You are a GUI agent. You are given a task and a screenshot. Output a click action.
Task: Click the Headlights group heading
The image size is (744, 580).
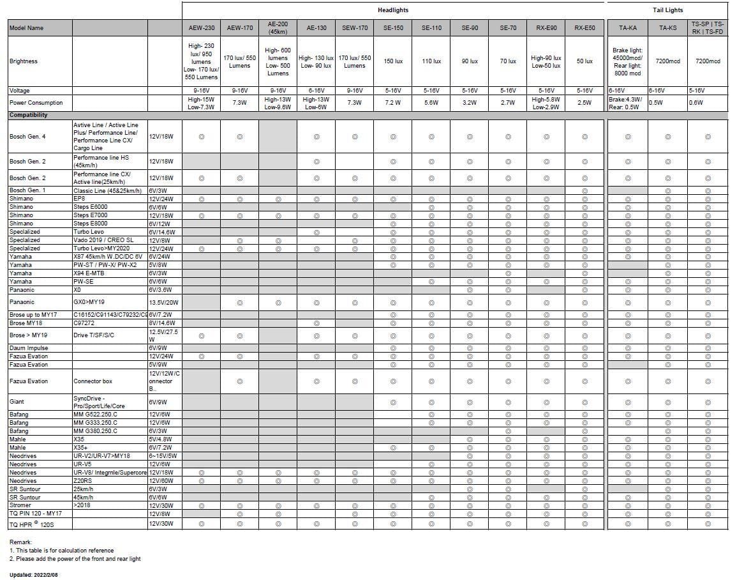(x=392, y=10)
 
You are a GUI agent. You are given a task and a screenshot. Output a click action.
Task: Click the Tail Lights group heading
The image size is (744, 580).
(x=667, y=10)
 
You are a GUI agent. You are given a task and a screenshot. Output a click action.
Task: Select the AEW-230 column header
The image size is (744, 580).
(x=201, y=28)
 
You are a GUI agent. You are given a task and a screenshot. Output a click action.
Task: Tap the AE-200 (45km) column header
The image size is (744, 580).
(x=278, y=28)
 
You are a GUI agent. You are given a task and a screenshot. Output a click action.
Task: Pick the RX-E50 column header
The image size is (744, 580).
(x=584, y=28)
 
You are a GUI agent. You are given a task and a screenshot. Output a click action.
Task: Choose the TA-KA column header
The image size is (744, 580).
(x=627, y=28)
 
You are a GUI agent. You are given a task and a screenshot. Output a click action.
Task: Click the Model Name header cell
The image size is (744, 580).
(x=27, y=28)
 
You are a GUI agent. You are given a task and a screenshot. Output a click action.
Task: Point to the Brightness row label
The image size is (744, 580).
(x=24, y=61)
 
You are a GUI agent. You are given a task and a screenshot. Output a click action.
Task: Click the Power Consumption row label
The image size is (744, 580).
(x=36, y=103)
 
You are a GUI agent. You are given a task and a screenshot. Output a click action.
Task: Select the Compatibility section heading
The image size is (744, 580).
(x=28, y=115)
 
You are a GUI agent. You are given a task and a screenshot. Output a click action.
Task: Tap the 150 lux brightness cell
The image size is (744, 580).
(x=393, y=61)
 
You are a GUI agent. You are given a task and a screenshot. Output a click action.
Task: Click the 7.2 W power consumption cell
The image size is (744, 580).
(x=393, y=103)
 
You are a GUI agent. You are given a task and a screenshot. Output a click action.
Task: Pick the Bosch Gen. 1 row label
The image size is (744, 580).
(x=27, y=190)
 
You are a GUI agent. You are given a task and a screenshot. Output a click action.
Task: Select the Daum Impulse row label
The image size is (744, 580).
(x=29, y=348)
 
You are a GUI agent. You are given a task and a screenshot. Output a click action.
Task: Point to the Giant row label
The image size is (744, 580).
(x=17, y=402)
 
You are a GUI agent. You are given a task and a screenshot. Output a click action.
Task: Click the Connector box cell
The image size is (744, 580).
(x=93, y=381)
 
